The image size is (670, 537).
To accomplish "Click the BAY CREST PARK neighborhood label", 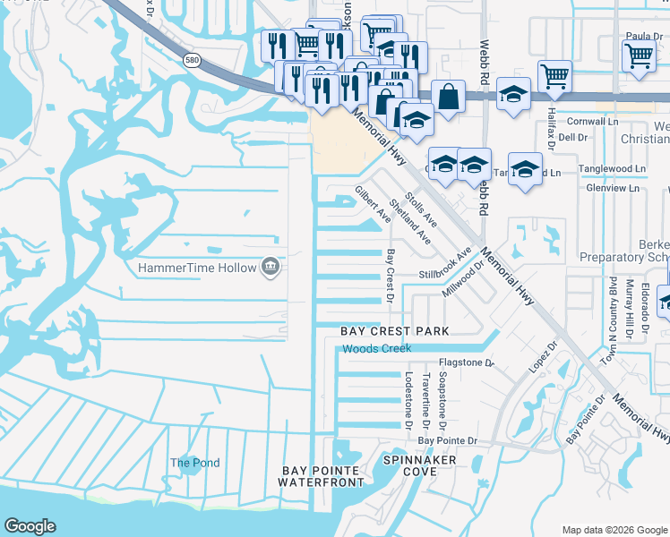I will point(394,331).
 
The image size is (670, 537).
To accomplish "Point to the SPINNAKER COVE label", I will point(420,465).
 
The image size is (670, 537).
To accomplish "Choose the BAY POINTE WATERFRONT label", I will point(322,476).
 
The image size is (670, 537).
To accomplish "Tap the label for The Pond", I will point(195,463).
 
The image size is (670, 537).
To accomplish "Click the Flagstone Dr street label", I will point(466,363).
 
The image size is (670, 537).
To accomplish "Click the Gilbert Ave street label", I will point(373,204).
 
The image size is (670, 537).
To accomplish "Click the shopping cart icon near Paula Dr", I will point(639,55).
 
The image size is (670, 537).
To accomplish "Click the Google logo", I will point(30,526).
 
